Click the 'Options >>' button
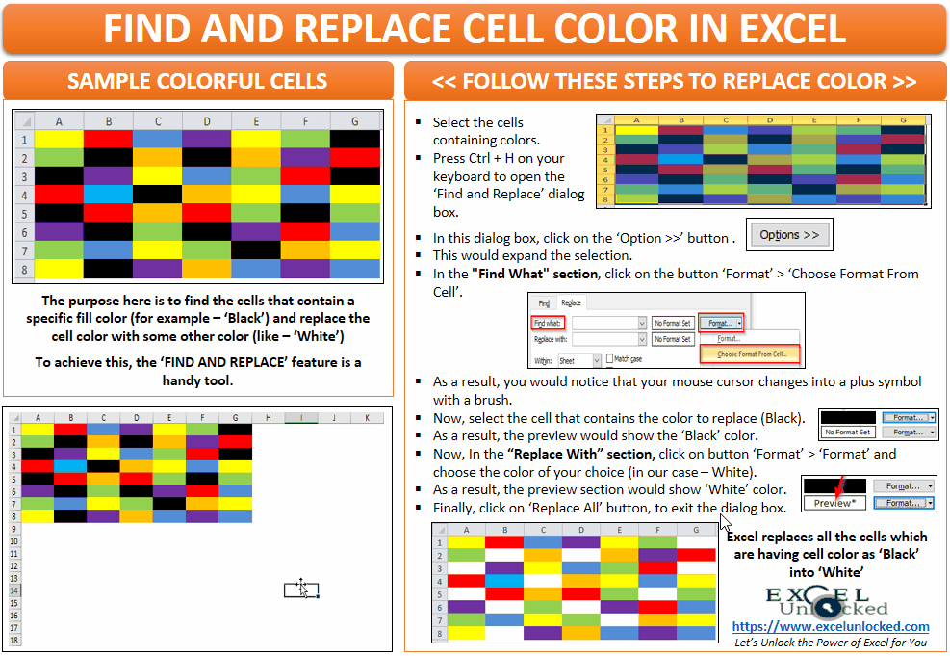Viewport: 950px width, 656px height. coord(789,235)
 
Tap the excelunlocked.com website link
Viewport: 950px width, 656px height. coord(831,626)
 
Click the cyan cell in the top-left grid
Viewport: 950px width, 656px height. coord(109,194)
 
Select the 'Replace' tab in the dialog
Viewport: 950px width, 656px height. coord(572,303)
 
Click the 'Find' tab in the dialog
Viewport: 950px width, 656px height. coord(545,303)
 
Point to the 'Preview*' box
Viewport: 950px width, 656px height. coord(834,503)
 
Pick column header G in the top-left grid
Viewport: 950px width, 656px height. coord(355,121)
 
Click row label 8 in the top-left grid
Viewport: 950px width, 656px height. coord(23,268)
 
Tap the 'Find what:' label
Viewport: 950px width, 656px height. coord(549,324)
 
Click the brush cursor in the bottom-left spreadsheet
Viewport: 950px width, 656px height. coord(302,588)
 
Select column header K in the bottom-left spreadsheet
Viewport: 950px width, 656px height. coord(366,418)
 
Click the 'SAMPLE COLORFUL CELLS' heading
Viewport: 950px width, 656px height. coord(197,81)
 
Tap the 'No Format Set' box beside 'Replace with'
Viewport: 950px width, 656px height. coord(673,339)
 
